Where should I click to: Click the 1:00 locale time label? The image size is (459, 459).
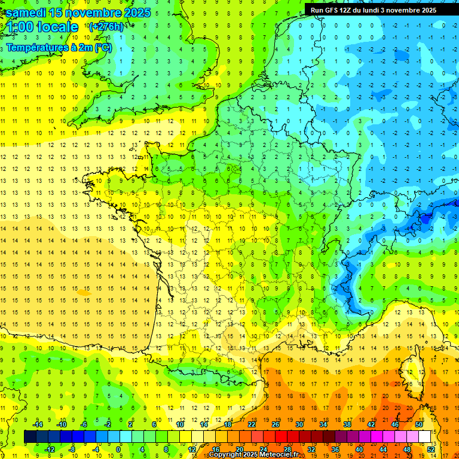click(x=43, y=27)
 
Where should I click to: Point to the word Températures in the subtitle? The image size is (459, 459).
click(x=35, y=47)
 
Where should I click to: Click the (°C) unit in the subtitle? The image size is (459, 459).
click(x=102, y=47)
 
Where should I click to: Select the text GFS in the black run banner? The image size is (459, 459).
click(x=332, y=10)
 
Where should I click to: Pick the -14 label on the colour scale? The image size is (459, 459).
click(x=37, y=424)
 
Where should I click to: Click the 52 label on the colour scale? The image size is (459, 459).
click(x=431, y=449)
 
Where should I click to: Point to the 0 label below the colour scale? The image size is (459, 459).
click(x=118, y=449)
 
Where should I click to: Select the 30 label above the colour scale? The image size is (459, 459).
click(x=299, y=424)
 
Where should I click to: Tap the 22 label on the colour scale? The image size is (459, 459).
click(x=252, y=424)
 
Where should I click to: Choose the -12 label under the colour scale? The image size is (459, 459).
click(x=50, y=449)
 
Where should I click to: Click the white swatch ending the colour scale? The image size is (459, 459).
click(x=425, y=437)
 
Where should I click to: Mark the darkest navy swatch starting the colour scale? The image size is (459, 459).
click(x=30, y=437)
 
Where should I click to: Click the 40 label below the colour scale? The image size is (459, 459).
click(x=359, y=449)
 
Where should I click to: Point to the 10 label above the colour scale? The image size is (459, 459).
click(x=180, y=424)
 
